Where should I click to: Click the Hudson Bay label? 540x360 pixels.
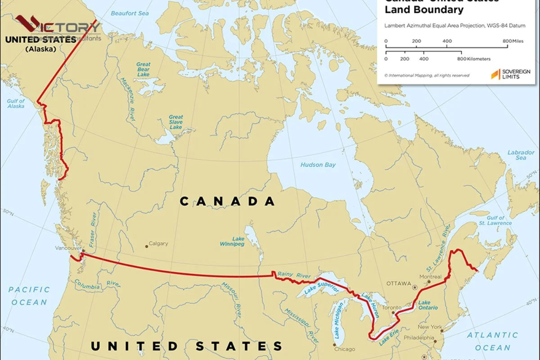pos(318,165)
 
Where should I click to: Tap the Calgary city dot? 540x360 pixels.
pos(146,246)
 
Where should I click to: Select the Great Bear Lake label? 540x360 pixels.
pos(143,69)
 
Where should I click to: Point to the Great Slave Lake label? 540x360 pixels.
pos(175,122)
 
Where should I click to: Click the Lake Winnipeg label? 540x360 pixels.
pos(232,241)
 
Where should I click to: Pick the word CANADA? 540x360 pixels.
pos(227,201)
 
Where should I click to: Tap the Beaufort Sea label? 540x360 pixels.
pos(130,13)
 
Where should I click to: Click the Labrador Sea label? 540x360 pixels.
pos(521,155)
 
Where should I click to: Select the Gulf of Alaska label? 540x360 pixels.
pos(16,103)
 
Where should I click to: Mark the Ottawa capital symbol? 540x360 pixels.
pos(415,287)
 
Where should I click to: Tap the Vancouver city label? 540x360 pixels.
pos(67,248)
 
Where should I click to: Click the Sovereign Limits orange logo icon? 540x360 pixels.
pos(495,74)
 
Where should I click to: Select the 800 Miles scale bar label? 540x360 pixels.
pos(513,41)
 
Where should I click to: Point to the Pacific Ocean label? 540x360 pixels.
pos(29,296)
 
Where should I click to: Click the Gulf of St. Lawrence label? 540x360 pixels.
pos(495,220)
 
